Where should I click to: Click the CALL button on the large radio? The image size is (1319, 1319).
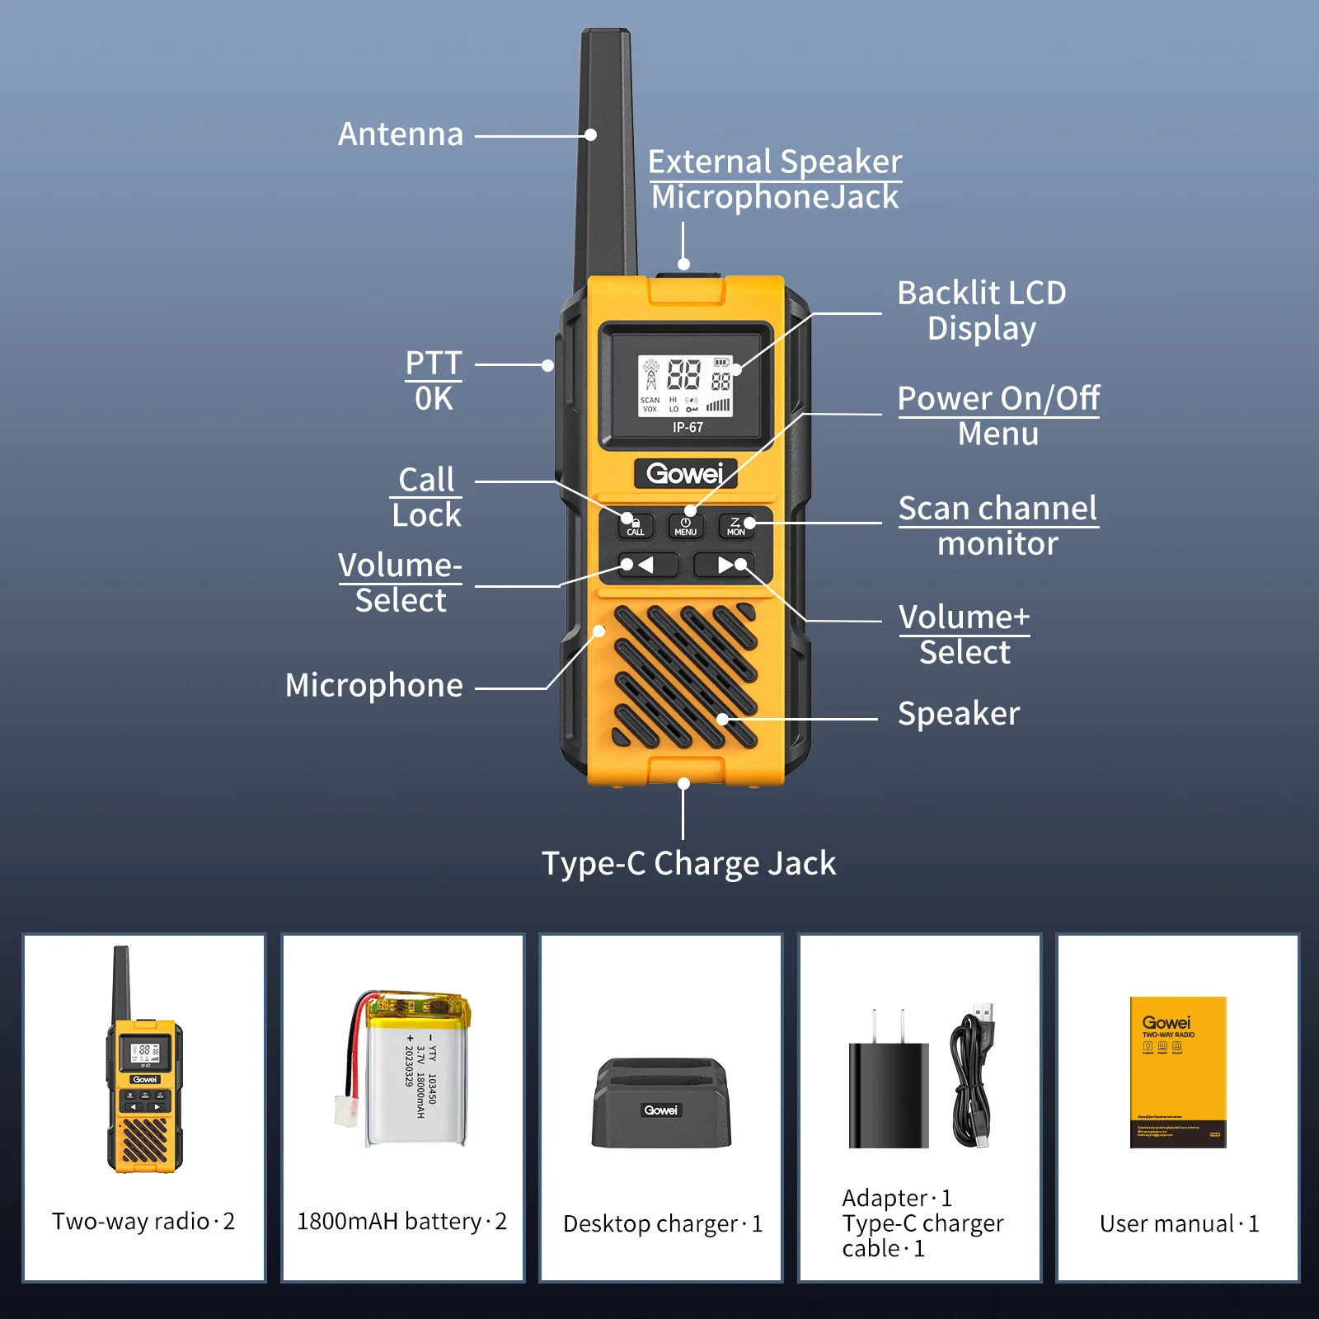point(636,526)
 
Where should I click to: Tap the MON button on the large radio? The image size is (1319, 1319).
point(735,526)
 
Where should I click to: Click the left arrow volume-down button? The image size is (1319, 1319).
point(647,565)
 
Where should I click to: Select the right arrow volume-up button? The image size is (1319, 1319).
point(722,565)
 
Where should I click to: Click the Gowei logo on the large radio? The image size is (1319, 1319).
point(684,473)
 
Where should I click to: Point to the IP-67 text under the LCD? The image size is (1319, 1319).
point(688,427)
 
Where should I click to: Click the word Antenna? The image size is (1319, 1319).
point(401,134)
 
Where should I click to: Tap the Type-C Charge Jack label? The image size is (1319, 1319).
point(688,863)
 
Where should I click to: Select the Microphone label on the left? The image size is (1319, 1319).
point(373,685)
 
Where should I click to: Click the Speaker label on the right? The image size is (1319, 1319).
point(958,713)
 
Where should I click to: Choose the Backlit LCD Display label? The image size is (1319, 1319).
point(981,311)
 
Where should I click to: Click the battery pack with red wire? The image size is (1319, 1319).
point(412,1072)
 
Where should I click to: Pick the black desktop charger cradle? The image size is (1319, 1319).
point(661,1105)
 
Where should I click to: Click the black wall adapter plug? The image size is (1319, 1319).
point(889,1092)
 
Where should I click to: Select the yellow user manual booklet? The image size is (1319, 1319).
point(1178,1072)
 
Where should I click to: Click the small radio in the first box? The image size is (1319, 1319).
point(144,1072)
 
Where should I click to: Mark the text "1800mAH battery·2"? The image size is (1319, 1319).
point(401,1221)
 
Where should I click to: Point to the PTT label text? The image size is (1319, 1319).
point(434,363)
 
